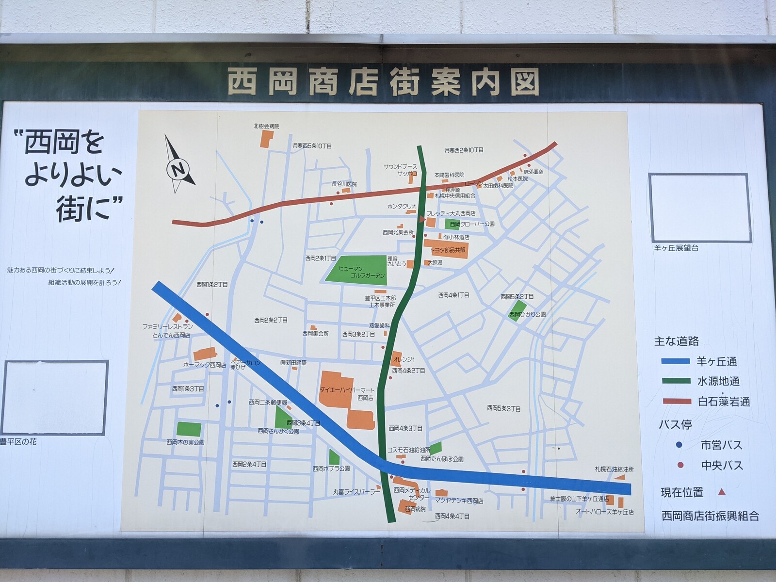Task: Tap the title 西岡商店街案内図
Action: click(383, 82)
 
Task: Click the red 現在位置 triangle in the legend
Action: click(722, 492)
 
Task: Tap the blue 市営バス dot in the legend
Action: click(679, 445)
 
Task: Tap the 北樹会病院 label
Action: click(266, 126)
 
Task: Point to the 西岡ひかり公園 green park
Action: click(518, 309)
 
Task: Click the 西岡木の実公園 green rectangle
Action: click(189, 429)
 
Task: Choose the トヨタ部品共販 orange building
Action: click(446, 248)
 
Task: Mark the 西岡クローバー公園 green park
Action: click(455, 224)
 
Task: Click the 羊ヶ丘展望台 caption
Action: click(676, 248)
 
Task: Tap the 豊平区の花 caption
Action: click(18, 442)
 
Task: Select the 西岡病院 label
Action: click(415, 509)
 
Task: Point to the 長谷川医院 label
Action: click(344, 184)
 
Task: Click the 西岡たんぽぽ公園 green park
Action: click(436, 448)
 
